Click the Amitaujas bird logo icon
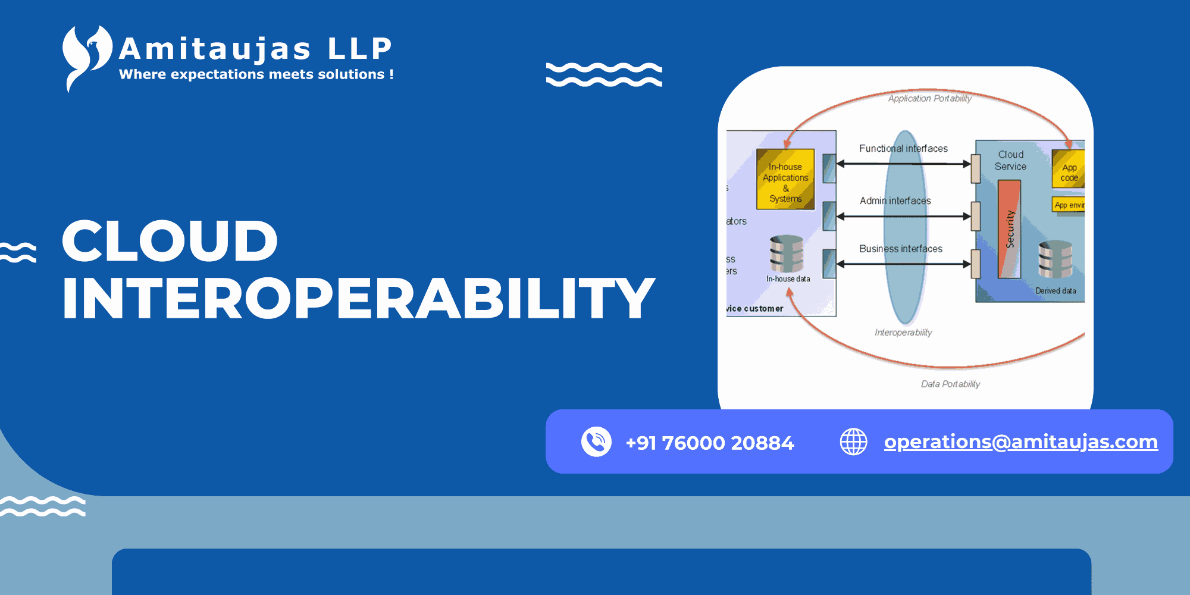pyautogui.click(x=86, y=57)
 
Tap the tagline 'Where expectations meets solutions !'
pyautogui.click(x=256, y=75)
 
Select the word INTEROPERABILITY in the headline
pyautogui.click(x=358, y=298)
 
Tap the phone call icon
pyautogui.click(x=596, y=441)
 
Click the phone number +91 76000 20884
pyautogui.click(x=710, y=443)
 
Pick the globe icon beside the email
pyautogui.click(x=853, y=441)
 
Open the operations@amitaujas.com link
pyautogui.click(x=1021, y=441)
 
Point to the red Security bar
pyautogui.click(x=1009, y=229)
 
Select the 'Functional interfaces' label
pyautogui.click(x=903, y=149)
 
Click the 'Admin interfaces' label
pyautogui.click(x=895, y=201)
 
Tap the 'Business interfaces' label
pyautogui.click(x=900, y=249)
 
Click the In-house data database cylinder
pyautogui.click(x=787, y=254)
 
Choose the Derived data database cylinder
pyautogui.click(x=1056, y=259)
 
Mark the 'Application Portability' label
pyautogui.click(x=929, y=99)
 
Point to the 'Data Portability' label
pyautogui.click(x=950, y=384)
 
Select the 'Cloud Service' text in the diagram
pyautogui.click(x=1010, y=161)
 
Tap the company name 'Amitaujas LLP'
pyautogui.click(x=256, y=49)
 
